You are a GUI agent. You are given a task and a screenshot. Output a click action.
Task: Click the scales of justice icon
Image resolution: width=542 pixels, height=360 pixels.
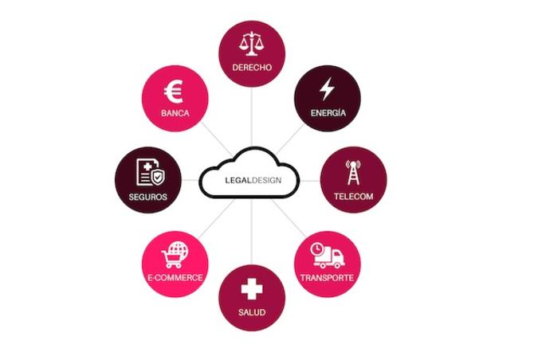[x=251, y=44]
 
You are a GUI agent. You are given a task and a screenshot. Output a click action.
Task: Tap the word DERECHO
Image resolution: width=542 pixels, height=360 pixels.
[x=252, y=68]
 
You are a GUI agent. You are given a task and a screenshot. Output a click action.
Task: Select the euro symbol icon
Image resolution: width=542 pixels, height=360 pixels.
[x=174, y=92]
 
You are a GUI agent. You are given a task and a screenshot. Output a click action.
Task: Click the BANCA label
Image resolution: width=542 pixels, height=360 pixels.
[x=175, y=113]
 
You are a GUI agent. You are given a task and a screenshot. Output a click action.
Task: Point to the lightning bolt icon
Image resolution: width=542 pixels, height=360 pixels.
[x=327, y=88]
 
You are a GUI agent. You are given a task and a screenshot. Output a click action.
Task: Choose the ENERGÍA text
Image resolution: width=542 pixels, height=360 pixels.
[x=328, y=112]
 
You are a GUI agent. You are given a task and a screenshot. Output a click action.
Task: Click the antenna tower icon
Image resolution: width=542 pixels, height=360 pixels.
[x=353, y=172]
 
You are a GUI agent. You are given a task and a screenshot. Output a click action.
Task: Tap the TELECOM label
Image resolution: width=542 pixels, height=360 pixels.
[x=353, y=197]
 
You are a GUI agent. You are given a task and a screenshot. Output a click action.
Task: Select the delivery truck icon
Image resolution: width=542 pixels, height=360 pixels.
[x=328, y=256]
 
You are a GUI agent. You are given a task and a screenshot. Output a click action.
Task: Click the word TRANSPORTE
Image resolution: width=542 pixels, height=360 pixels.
[x=327, y=278]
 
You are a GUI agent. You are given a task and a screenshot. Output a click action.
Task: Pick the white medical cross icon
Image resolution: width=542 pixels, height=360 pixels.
[x=252, y=289]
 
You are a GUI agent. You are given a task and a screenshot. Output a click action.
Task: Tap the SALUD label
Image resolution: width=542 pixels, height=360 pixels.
[x=252, y=312]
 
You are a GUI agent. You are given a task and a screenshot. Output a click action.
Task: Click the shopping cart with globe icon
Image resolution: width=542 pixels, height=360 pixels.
[x=175, y=255]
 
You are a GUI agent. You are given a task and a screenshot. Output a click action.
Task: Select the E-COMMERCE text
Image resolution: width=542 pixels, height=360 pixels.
[x=175, y=277]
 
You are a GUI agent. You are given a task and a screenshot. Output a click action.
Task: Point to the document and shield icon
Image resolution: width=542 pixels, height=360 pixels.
[x=151, y=172]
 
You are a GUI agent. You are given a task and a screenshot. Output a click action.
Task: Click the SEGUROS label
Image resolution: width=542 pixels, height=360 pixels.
[x=147, y=197]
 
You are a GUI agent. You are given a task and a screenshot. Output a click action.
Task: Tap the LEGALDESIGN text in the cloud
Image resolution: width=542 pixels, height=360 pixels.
[x=253, y=180]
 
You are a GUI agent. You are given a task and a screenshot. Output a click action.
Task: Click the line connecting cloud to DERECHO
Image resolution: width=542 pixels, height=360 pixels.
[x=252, y=117]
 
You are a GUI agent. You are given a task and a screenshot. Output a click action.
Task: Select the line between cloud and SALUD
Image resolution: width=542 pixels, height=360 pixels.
[x=252, y=232]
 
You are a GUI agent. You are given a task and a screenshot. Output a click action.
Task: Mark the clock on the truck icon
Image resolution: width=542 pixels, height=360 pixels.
[x=317, y=249]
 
